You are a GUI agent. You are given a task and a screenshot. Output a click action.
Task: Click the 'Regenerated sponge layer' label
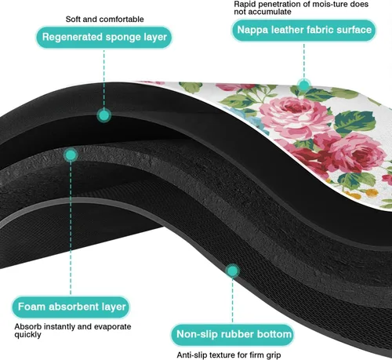pyautogui.click(x=104, y=37)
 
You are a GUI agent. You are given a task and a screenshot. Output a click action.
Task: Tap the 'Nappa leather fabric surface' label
pyautogui.click(x=304, y=30)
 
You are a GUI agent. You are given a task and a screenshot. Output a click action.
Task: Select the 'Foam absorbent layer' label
pyautogui.click(x=71, y=307)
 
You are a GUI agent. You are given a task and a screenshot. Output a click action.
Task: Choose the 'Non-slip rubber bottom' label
pyautogui.click(x=232, y=335)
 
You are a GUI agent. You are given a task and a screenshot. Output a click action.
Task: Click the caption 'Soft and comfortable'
pyautogui.click(x=104, y=19)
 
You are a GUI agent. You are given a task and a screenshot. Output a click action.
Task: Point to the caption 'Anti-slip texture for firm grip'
pyautogui.click(x=229, y=355)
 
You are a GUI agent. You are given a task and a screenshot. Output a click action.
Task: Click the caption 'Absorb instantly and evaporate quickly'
pyautogui.click(x=73, y=330)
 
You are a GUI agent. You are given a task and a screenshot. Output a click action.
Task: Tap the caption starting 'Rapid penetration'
pyautogui.click(x=301, y=8)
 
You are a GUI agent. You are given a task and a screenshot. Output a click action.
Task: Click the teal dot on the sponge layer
pyautogui.click(x=104, y=115)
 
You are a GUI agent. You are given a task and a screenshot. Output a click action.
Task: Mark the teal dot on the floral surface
pyautogui.click(x=304, y=85)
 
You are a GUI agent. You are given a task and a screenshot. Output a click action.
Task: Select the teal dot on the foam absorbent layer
pyautogui.click(x=71, y=155)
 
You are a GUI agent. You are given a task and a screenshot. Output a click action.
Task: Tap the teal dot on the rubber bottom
pyautogui.click(x=232, y=271)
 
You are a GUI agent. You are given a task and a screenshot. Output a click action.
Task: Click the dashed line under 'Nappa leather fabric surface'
pyautogui.click(x=304, y=60)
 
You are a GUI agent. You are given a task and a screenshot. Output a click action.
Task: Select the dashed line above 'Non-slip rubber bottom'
pyautogui.click(x=232, y=301)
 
